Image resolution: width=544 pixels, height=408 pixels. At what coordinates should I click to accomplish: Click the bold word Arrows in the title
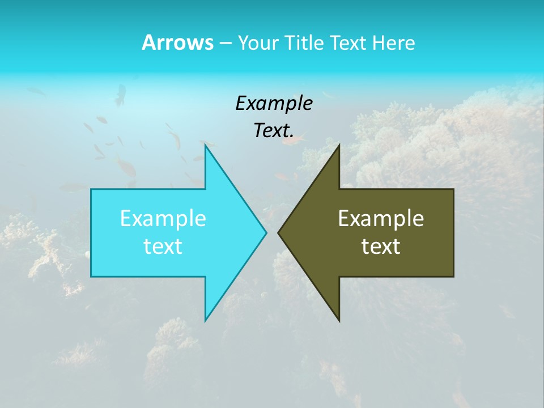(177, 42)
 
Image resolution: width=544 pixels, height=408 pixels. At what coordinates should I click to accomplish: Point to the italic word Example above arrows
(274, 104)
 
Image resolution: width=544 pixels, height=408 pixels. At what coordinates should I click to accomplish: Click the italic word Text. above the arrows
(274, 130)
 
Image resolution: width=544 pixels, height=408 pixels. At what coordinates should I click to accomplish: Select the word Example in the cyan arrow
(163, 218)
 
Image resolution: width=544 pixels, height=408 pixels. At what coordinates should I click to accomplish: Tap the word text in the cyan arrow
(163, 246)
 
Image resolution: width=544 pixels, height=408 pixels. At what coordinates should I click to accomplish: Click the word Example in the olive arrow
(381, 218)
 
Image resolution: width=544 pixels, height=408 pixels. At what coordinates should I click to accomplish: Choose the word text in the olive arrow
(381, 246)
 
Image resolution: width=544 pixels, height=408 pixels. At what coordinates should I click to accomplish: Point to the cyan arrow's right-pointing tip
(266, 232)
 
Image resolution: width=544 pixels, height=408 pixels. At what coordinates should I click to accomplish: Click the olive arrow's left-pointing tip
(279, 232)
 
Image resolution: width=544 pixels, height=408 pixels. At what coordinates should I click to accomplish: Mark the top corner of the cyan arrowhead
(205, 145)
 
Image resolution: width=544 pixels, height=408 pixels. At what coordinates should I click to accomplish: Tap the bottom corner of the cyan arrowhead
(205, 321)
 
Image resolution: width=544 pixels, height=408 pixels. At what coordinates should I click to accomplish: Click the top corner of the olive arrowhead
(339, 145)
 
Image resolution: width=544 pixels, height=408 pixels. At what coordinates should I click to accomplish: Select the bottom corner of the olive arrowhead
(339, 321)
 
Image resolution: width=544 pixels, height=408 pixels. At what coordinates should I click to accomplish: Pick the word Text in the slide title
(347, 43)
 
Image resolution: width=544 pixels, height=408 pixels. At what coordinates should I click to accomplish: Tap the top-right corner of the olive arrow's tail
(453, 189)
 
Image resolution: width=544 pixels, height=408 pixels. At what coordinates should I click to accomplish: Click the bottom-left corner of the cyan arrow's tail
(91, 276)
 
